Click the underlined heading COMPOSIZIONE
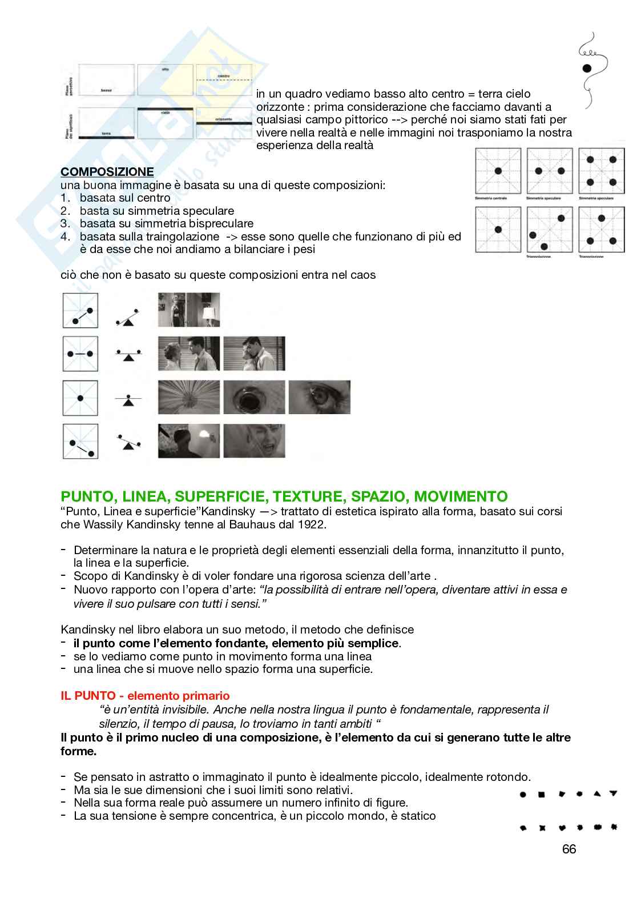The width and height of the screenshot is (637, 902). point(107,172)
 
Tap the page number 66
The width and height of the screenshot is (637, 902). point(569,849)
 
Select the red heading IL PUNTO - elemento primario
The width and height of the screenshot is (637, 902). point(145,696)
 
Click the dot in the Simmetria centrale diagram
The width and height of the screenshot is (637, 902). point(498,171)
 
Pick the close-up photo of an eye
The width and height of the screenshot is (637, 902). point(319,397)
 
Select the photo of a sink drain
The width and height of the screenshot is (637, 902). point(254,397)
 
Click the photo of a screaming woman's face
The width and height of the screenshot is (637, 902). point(254,440)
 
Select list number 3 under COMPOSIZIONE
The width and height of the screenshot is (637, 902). point(64,223)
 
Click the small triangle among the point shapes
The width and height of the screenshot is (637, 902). point(597,793)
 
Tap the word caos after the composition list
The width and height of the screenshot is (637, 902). point(363,275)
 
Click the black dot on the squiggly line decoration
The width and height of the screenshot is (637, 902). point(587,69)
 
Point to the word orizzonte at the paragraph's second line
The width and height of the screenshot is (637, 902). point(278,107)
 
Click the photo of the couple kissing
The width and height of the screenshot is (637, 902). point(254,354)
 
